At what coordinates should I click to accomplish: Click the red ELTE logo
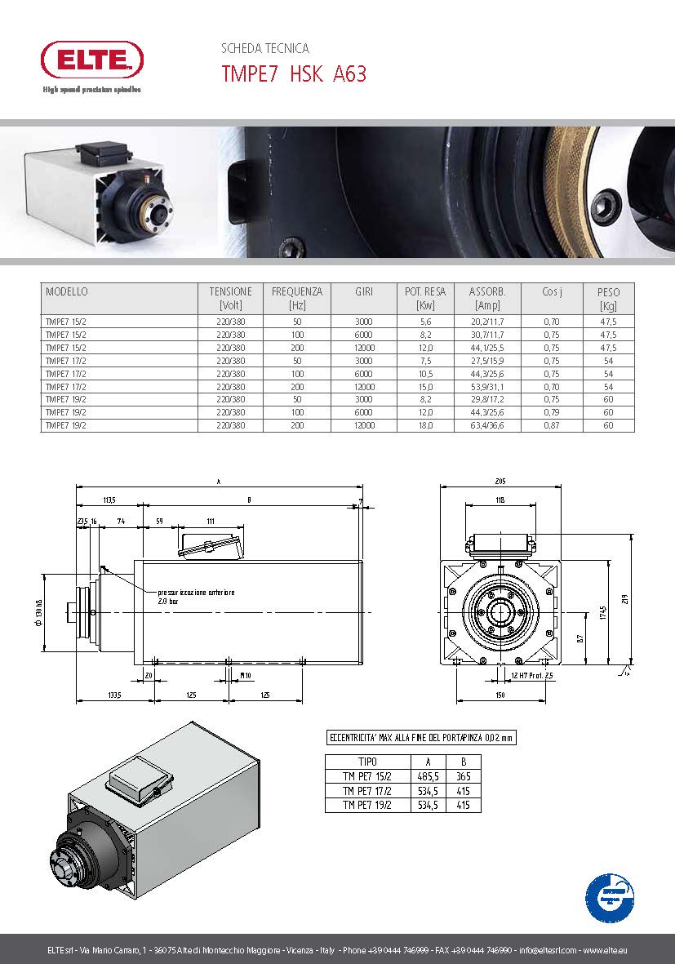(92, 60)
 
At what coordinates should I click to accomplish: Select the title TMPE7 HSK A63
(294, 74)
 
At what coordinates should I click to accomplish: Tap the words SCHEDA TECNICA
(265, 49)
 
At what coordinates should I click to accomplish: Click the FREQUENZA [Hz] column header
(297, 298)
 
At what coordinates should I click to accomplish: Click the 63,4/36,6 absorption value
(487, 425)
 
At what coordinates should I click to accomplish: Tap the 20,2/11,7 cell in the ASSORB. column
(487, 322)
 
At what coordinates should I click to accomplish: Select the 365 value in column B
(464, 777)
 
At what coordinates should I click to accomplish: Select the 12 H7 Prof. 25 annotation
(531, 676)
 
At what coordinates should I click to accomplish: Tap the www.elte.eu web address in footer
(605, 950)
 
